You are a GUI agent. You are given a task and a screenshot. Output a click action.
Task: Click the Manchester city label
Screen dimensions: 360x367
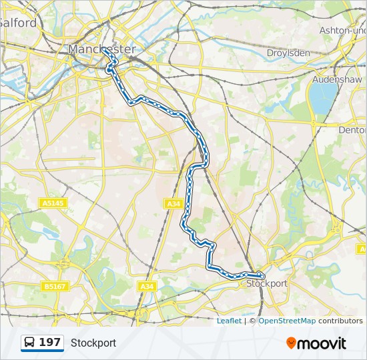[102, 49]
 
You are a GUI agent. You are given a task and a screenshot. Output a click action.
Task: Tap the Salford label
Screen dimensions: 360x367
[18, 23]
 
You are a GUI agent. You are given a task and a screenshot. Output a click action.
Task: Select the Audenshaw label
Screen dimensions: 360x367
[337, 79]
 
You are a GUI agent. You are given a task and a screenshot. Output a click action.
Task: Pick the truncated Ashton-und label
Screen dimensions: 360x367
[343, 31]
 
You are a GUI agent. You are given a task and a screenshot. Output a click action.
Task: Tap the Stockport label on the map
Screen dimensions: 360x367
[267, 283]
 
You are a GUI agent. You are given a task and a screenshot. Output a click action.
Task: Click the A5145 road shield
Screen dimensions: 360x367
[53, 203]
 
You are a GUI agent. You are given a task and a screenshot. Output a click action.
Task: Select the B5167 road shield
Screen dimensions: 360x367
[54, 286]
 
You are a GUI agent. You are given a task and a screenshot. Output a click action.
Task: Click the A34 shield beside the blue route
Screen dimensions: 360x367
[173, 203]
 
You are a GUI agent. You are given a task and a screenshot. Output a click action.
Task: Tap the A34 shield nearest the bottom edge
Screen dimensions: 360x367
[147, 286]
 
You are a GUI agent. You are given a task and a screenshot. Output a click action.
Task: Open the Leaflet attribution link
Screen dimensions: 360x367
[229, 321]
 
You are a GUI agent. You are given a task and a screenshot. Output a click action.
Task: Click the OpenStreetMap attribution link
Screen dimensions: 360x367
[287, 321]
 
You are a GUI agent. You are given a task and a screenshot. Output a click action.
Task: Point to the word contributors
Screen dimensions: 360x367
[340, 321]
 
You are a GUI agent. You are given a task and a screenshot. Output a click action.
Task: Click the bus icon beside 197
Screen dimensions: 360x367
[30, 343]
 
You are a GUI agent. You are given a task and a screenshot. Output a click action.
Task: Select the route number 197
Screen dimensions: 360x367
[50, 343]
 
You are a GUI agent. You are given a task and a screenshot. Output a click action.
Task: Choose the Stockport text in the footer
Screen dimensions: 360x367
[93, 343]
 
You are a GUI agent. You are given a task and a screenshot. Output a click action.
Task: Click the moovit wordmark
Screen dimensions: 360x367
[322, 343]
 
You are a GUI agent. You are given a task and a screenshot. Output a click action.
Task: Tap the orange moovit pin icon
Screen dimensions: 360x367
[291, 343]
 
